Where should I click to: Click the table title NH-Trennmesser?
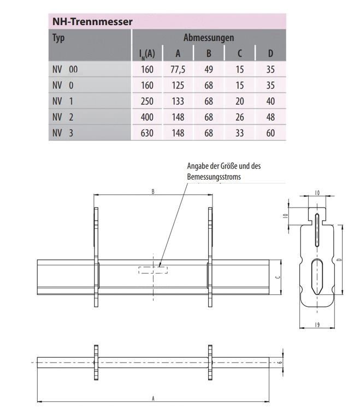(x=91, y=22)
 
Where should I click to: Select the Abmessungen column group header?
(x=209, y=38)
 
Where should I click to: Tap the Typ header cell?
(x=58, y=38)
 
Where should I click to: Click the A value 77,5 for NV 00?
(x=178, y=70)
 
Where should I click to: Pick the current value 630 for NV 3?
(x=147, y=133)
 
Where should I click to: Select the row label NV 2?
(x=63, y=117)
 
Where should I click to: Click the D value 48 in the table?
(x=270, y=117)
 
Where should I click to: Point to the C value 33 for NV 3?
(x=239, y=133)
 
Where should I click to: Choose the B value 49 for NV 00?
(x=208, y=70)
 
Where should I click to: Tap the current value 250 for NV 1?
(x=147, y=102)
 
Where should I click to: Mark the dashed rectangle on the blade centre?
(x=154, y=269)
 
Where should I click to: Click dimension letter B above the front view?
(x=152, y=192)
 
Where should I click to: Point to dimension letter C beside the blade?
(x=279, y=277)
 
